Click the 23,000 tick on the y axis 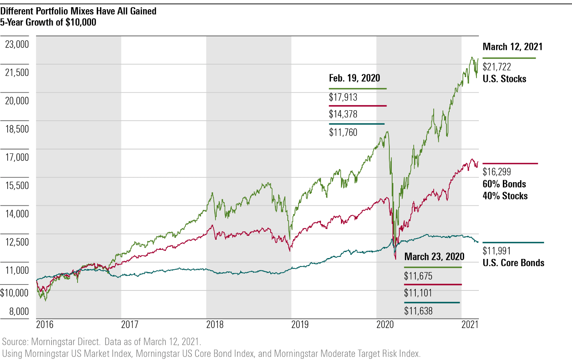point(17,44)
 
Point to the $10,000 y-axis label point(14,293)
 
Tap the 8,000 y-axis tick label point(19,311)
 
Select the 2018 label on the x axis point(215,324)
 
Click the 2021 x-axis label point(470,324)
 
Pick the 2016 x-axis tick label point(45,324)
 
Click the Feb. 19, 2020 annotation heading point(354,78)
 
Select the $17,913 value point(343,97)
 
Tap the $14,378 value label point(343,114)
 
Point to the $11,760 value point(343,133)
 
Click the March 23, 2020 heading point(434,257)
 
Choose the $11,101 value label point(418,293)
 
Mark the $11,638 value point(418,311)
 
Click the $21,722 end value point(497,67)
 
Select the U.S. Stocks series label point(504,79)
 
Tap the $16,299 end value point(497,172)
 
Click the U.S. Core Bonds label point(513,263)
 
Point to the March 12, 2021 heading point(512,47)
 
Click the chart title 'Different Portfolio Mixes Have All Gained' point(78,11)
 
